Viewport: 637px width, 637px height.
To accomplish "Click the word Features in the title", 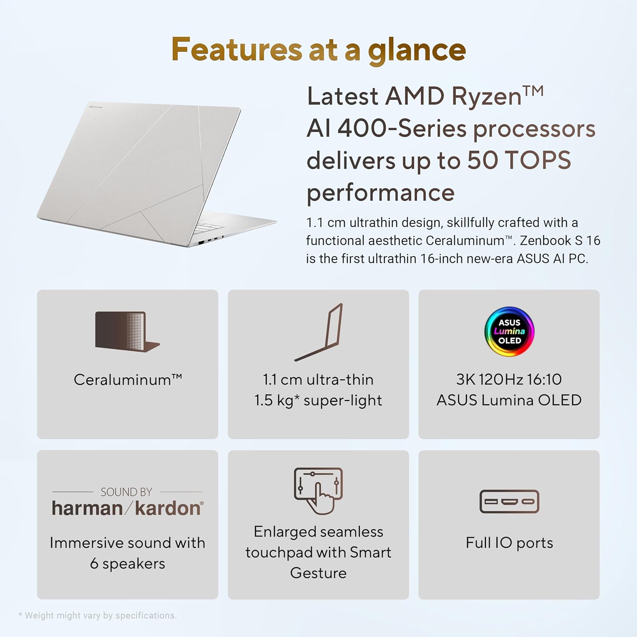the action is (x=237, y=49).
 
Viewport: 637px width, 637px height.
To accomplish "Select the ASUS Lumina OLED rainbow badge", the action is (x=509, y=331).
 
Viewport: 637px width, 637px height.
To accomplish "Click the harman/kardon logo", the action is (x=127, y=508).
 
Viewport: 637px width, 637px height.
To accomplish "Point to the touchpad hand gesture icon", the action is (x=318, y=491).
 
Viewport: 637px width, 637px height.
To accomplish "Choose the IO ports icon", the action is (x=509, y=502).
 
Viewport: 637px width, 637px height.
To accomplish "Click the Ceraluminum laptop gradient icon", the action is (x=127, y=332).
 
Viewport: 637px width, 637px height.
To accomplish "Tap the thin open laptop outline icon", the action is (x=318, y=332).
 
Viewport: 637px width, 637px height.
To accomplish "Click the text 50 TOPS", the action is (x=519, y=160).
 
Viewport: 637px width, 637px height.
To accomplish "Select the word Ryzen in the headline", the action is (x=486, y=96).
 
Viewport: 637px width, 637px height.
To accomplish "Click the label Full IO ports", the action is (x=509, y=543).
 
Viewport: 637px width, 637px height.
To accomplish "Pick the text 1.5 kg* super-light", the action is (x=318, y=400).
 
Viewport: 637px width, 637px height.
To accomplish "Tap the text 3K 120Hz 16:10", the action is (x=509, y=379).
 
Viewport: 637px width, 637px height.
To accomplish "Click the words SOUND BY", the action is (x=126, y=492).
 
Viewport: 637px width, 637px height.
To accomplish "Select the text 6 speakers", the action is (x=127, y=564).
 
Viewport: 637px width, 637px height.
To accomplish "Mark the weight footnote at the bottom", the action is (x=97, y=615).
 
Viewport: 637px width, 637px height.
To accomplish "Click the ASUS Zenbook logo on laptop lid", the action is (x=96, y=107).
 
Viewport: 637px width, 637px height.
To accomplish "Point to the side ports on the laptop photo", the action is (x=210, y=240).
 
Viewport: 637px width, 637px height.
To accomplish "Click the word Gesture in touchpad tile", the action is (x=318, y=573).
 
